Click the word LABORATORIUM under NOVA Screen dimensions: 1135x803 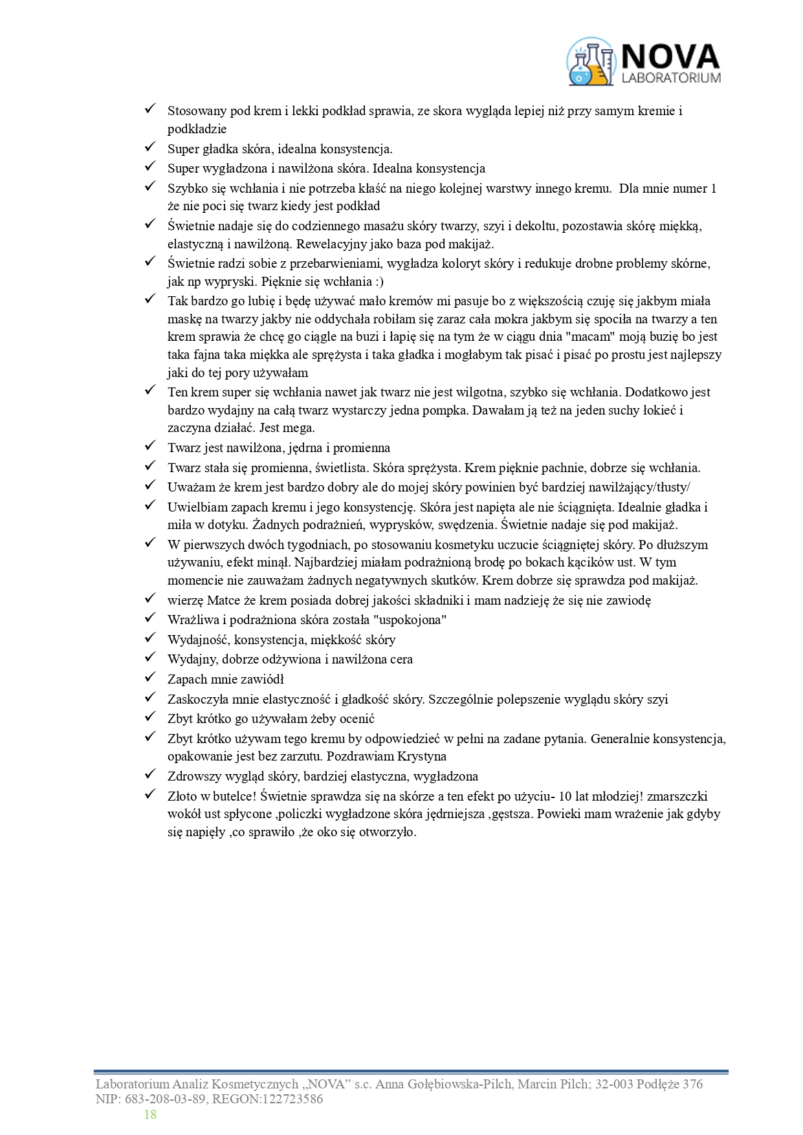pyautogui.click(x=670, y=78)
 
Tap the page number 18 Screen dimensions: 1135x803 pyautogui.click(x=150, y=1114)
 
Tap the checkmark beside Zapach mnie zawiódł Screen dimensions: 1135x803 pyautogui.click(x=149, y=678)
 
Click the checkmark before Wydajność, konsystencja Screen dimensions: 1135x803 pyautogui.click(x=149, y=638)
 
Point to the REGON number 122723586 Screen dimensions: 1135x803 pyautogui.click(x=291, y=1099)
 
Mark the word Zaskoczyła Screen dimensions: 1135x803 pyautogui.click(x=197, y=699)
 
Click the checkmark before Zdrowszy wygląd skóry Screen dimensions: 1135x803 pyautogui.click(x=149, y=775)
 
